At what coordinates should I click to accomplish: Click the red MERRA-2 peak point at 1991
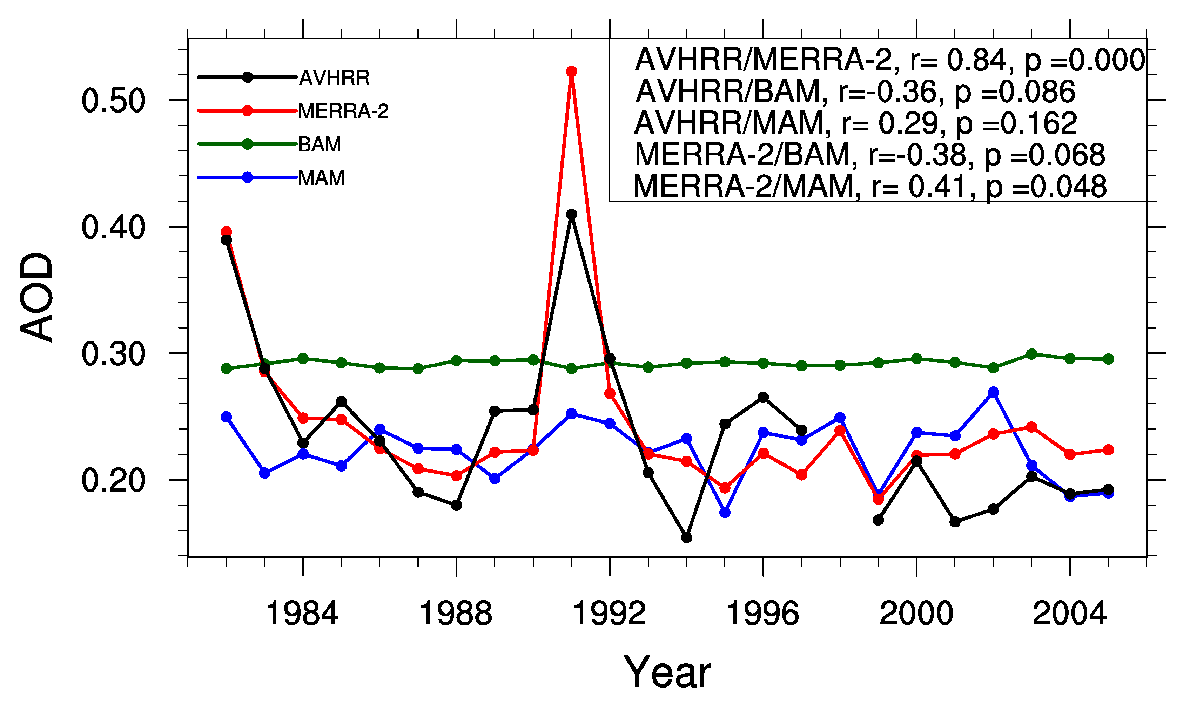pyautogui.click(x=571, y=71)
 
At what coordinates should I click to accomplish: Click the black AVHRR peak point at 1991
pyautogui.click(x=571, y=215)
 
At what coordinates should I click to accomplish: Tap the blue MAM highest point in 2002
pyautogui.click(x=993, y=392)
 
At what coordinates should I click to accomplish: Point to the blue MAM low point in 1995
pyautogui.click(x=725, y=512)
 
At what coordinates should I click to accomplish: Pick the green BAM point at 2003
pyautogui.click(x=1031, y=354)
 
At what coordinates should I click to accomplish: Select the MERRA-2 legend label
pyautogui.click(x=343, y=111)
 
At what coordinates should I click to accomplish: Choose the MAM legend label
pyautogui.click(x=321, y=178)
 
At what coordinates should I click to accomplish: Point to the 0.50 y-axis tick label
pyautogui.click(x=113, y=101)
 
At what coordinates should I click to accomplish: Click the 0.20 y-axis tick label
pyautogui.click(x=113, y=481)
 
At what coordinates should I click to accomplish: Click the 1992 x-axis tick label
pyautogui.click(x=609, y=614)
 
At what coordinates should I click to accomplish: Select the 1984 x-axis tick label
pyautogui.click(x=302, y=614)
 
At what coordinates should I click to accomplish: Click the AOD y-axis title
pyautogui.click(x=37, y=297)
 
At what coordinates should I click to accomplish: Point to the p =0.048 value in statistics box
pyautogui.click(x=1046, y=187)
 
